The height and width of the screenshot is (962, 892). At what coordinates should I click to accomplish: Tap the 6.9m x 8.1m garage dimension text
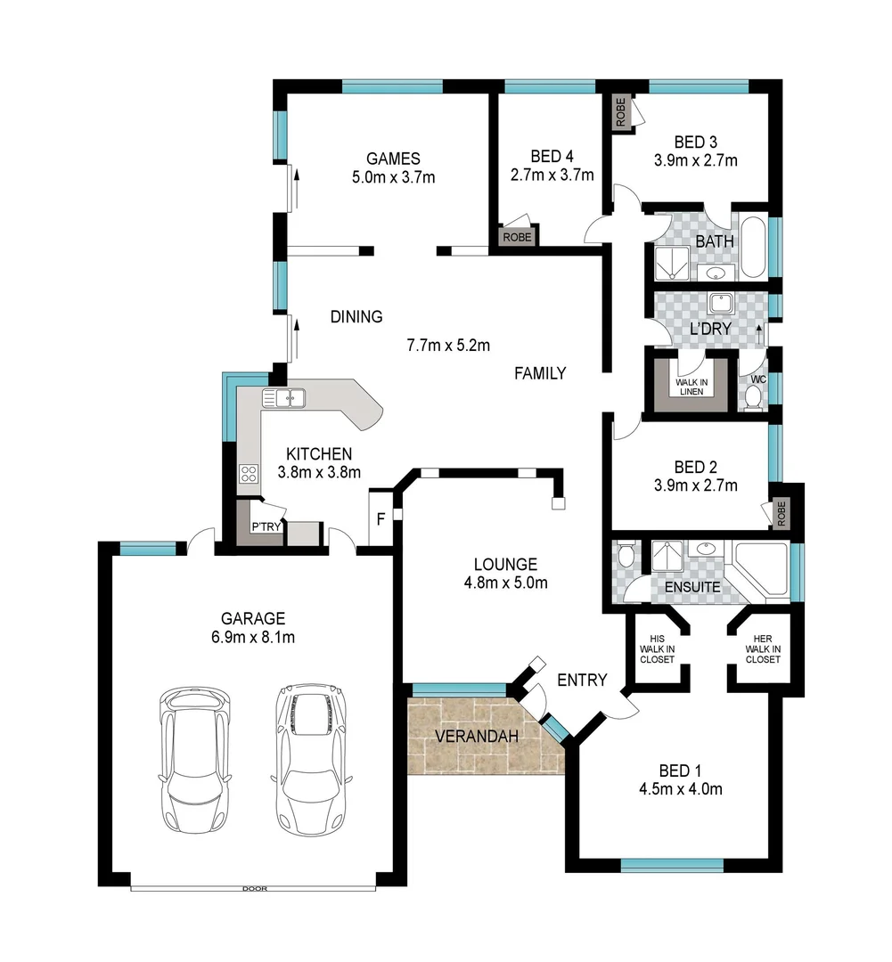253,637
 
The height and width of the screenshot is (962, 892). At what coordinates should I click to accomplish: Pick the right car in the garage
311,757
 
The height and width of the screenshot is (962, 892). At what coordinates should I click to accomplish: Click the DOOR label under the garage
253,888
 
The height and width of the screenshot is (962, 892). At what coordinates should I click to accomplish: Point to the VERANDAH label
473,737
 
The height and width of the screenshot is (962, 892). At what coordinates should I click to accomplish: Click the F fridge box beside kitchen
380,517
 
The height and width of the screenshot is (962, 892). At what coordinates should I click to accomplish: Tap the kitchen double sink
284,397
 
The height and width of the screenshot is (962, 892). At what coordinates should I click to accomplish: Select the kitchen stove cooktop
249,474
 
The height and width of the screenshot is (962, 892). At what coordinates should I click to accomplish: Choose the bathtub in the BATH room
752,246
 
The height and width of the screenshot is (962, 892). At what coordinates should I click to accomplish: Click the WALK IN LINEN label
691,386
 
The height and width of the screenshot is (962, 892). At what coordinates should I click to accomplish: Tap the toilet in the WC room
753,394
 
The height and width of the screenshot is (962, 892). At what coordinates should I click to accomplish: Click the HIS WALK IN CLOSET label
658,649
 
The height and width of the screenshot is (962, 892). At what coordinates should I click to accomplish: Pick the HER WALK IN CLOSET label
764,649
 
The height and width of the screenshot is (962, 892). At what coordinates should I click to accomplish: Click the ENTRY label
582,680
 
